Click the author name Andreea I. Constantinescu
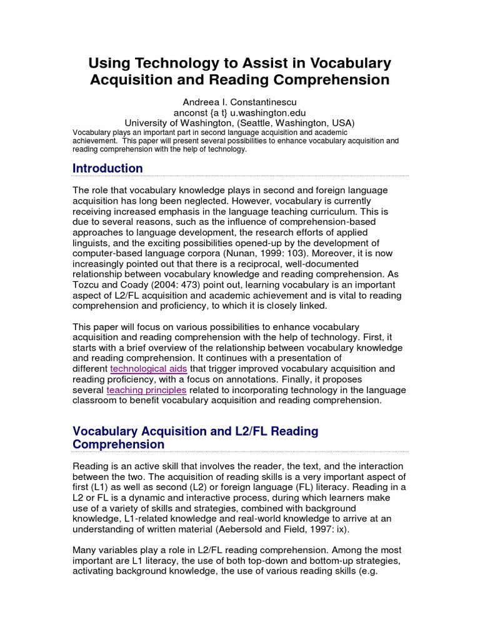point(239,101)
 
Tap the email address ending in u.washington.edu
point(239,112)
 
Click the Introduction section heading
point(107,168)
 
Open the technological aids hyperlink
point(147,369)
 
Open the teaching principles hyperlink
point(146,390)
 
